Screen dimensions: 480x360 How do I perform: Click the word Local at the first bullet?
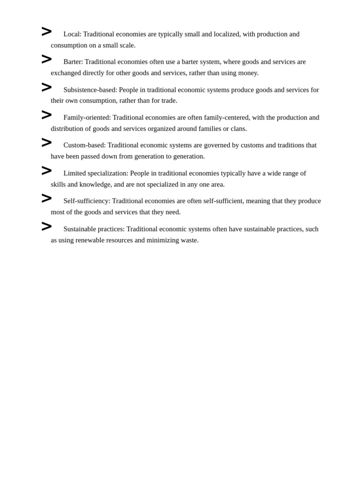72,34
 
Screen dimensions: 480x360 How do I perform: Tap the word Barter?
73,62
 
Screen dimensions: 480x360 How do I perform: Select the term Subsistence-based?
90,90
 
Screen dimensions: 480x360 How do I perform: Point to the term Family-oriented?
87,118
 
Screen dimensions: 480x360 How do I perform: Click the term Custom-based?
84,145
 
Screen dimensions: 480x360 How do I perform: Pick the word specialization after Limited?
107,173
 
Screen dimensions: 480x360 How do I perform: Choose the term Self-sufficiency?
86,201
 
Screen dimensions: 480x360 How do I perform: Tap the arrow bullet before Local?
46,32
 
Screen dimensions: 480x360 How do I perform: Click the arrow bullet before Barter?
46,60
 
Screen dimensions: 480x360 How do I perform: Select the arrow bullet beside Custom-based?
46,143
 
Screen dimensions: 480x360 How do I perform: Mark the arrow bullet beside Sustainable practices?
46,227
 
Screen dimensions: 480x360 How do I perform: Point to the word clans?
238,129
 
